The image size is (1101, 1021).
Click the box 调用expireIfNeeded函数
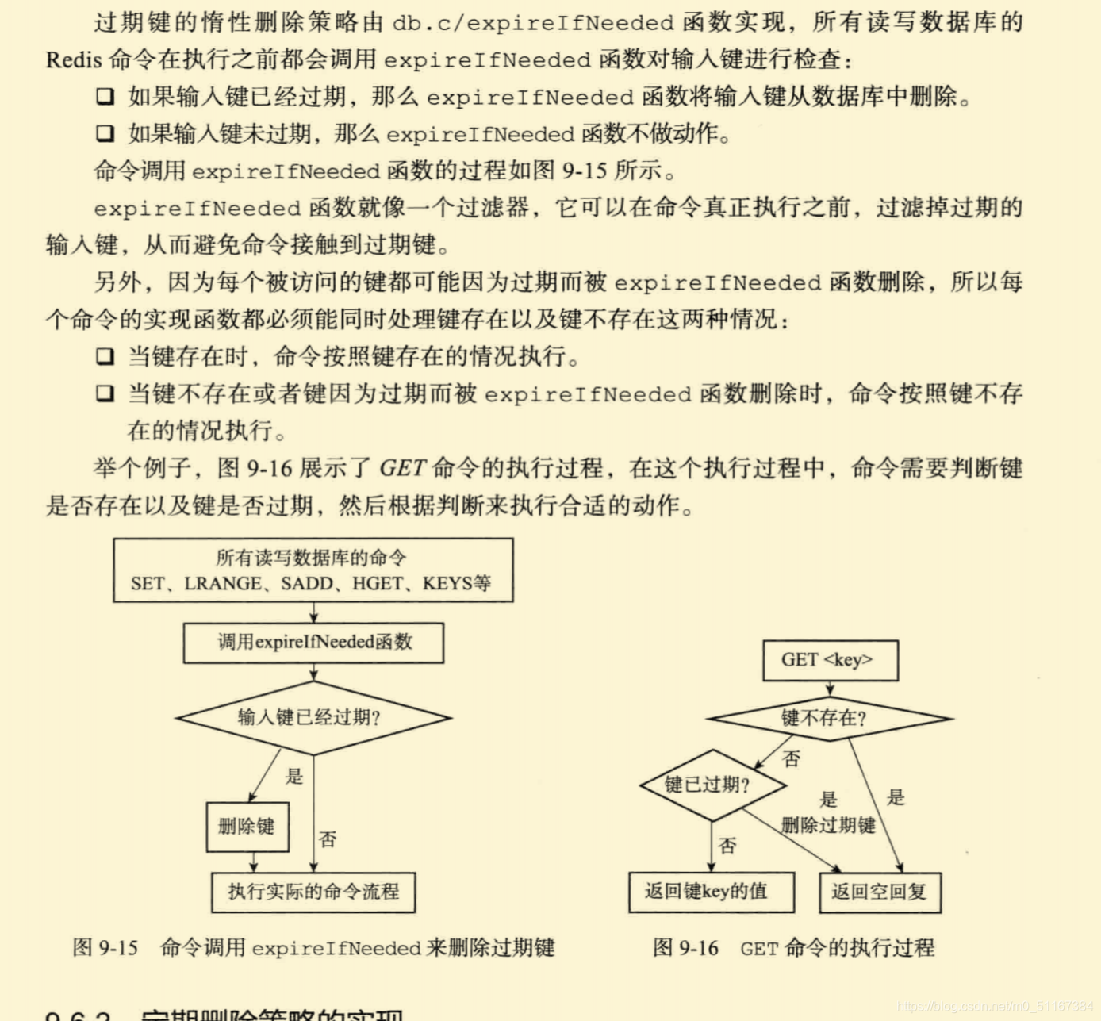313,643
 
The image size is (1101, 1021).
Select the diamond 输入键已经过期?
313,718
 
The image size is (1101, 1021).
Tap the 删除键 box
247,827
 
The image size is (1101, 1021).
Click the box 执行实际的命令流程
313,892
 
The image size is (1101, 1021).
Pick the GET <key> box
830,660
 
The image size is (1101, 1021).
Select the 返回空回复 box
879,892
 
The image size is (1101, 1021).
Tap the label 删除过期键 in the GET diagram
828,826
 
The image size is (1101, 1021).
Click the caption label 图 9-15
105,947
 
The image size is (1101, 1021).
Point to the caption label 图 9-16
686,947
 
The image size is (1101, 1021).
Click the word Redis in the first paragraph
74,60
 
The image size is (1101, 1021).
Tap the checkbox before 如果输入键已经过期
105,97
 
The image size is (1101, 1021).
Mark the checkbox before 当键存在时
105,356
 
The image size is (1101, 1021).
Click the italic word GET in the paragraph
402,468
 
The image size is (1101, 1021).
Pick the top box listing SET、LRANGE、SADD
313,570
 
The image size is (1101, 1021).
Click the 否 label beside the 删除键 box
328,839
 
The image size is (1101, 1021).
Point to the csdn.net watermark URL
995,1007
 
